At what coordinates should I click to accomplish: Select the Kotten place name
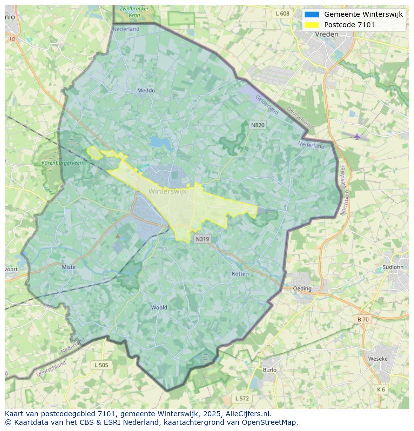(x=240, y=274)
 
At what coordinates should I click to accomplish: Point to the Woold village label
(x=159, y=307)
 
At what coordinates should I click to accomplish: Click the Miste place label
(x=69, y=267)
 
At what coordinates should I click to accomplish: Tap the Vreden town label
(x=327, y=34)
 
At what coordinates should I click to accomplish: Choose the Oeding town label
(x=302, y=289)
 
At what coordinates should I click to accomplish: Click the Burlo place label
(x=269, y=370)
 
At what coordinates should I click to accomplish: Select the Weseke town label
(x=377, y=359)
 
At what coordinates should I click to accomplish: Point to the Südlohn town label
(x=392, y=267)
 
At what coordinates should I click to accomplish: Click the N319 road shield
(x=202, y=239)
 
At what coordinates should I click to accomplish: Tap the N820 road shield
(x=258, y=125)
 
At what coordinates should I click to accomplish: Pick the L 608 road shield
(x=282, y=14)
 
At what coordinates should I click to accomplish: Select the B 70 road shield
(x=363, y=319)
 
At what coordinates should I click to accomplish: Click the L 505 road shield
(x=101, y=365)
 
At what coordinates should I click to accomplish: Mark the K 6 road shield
(x=381, y=389)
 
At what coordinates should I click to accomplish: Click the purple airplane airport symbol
(x=357, y=137)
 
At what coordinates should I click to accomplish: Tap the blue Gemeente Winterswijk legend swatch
(x=311, y=15)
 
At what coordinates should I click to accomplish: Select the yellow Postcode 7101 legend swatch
(x=311, y=25)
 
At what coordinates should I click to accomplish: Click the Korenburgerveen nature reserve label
(x=62, y=163)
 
